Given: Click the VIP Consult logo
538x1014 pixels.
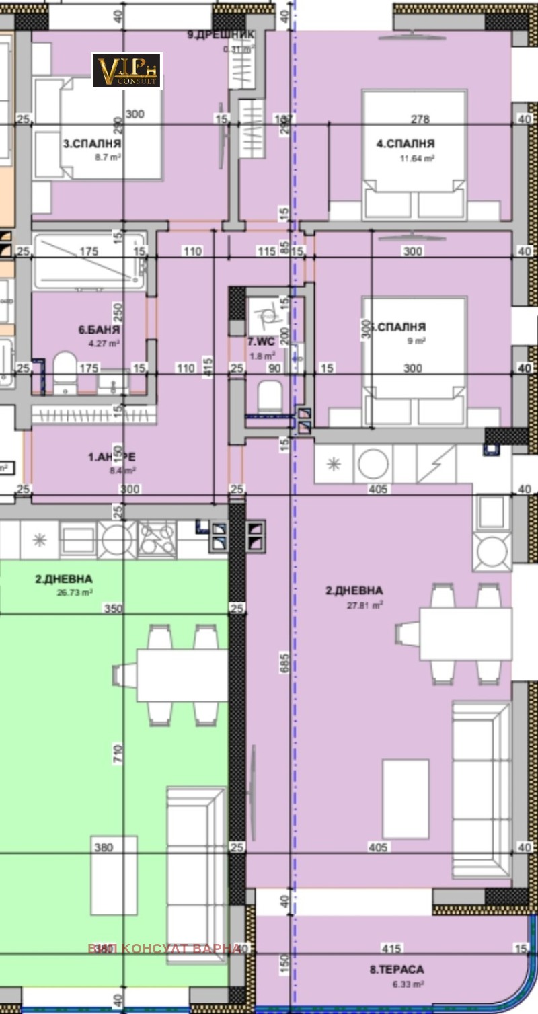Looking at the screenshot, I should coord(126,71).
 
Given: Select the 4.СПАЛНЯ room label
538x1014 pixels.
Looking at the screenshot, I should coord(406,143).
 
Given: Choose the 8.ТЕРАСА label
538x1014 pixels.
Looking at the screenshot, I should coord(397,969).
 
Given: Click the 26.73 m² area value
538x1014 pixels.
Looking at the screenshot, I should coord(74,593).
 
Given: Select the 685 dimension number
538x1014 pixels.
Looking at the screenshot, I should coord(285,661).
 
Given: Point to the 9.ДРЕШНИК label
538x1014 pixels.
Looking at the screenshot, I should coord(221,35).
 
